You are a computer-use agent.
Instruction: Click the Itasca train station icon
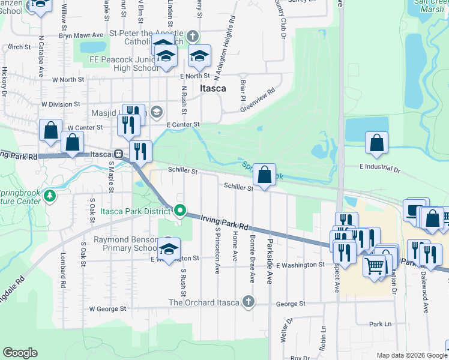pos(119,154)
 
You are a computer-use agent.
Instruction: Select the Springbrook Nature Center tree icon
pos(51,196)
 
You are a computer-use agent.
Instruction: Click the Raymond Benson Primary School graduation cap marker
pos(169,248)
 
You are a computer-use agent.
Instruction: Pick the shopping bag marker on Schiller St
pos(264,175)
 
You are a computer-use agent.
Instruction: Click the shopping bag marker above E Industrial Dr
pos(376,143)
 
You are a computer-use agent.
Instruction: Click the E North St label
pos(195,76)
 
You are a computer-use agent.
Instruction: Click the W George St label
pos(107,309)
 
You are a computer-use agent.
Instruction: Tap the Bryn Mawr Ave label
pos(77,35)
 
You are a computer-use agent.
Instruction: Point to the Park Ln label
pos(380,324)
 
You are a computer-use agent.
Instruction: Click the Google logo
pos(20,353)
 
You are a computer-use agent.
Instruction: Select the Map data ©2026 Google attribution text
pos(411,355)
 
